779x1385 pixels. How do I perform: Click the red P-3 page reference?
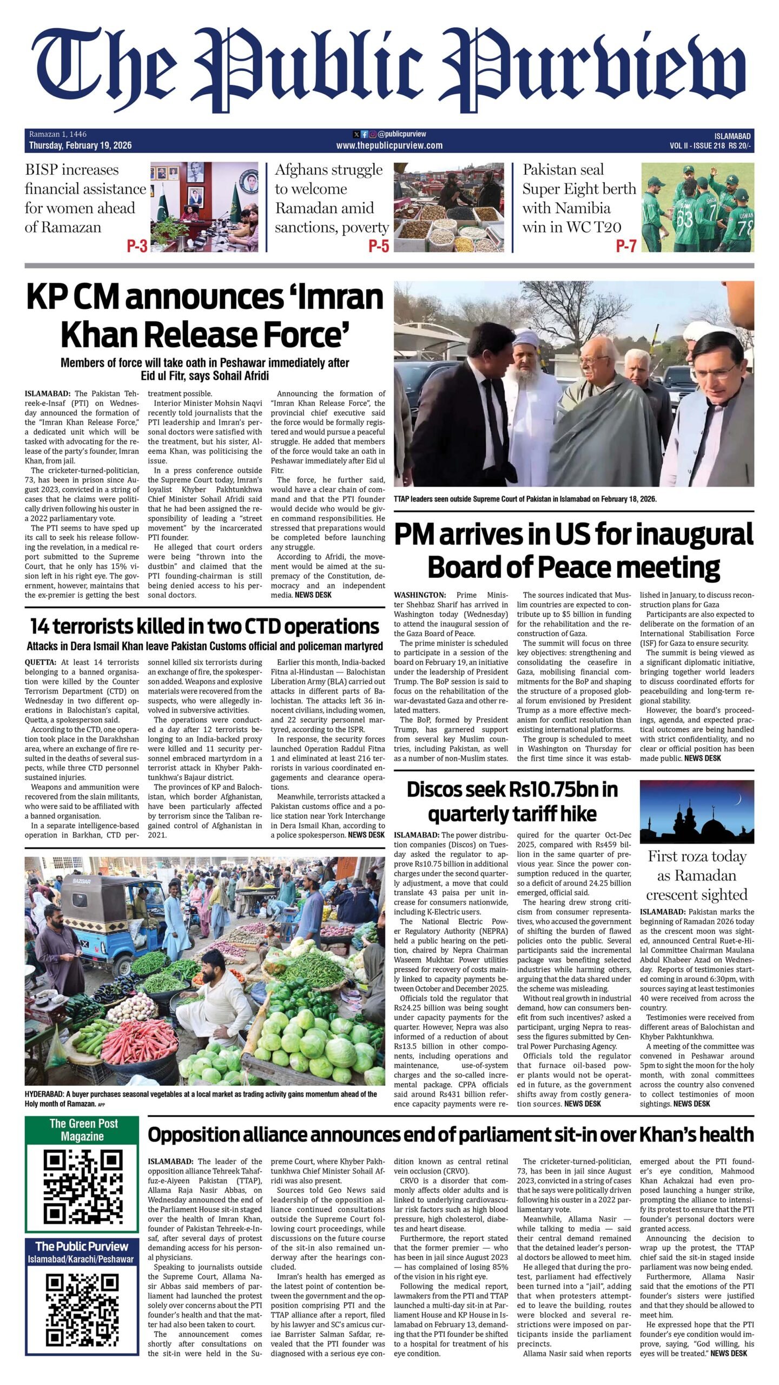click(x=137, y=247)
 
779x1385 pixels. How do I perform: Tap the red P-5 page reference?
click(x=379, y=247)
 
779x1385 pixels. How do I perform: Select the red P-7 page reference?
click(x=626, y=247)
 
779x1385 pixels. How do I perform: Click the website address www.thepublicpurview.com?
click(x=389, y=146)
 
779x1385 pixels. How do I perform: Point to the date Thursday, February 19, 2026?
click(x=80, y=146)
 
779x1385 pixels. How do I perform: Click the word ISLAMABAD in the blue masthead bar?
click(x=732, y=136)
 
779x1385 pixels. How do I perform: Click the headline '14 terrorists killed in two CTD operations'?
click(x=204, y=626)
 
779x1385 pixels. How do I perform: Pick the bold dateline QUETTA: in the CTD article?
click(x=40, y=662)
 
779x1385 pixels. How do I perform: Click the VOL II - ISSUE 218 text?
click(x=697, y=146)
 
